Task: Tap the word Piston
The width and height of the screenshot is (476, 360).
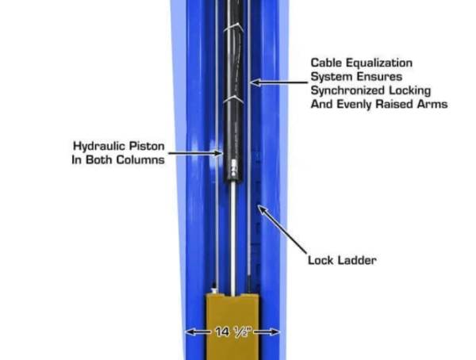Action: coord(147,146)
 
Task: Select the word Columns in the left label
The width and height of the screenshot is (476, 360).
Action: coord(140,159)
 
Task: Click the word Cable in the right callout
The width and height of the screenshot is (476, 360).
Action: coord(326,63)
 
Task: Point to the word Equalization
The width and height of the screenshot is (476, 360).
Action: coord(379,63)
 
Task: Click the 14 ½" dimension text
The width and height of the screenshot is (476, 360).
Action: coord(233,332)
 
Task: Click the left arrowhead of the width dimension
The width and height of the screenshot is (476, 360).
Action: coord(190,332)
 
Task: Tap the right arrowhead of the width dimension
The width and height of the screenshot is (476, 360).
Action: coord(274,332)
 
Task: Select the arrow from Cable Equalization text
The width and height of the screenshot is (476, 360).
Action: coord(279,82)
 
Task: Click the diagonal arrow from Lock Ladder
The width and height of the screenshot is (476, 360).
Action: coord(282,229)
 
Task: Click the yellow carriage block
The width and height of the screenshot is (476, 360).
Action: coord(232,327)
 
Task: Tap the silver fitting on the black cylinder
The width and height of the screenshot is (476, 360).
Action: coord(233,169)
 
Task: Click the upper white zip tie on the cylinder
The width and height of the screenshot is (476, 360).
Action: coord(233,28)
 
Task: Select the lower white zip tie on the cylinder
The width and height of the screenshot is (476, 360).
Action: coord(233,99)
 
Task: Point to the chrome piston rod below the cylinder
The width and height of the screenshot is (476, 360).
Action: coord(232,239)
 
